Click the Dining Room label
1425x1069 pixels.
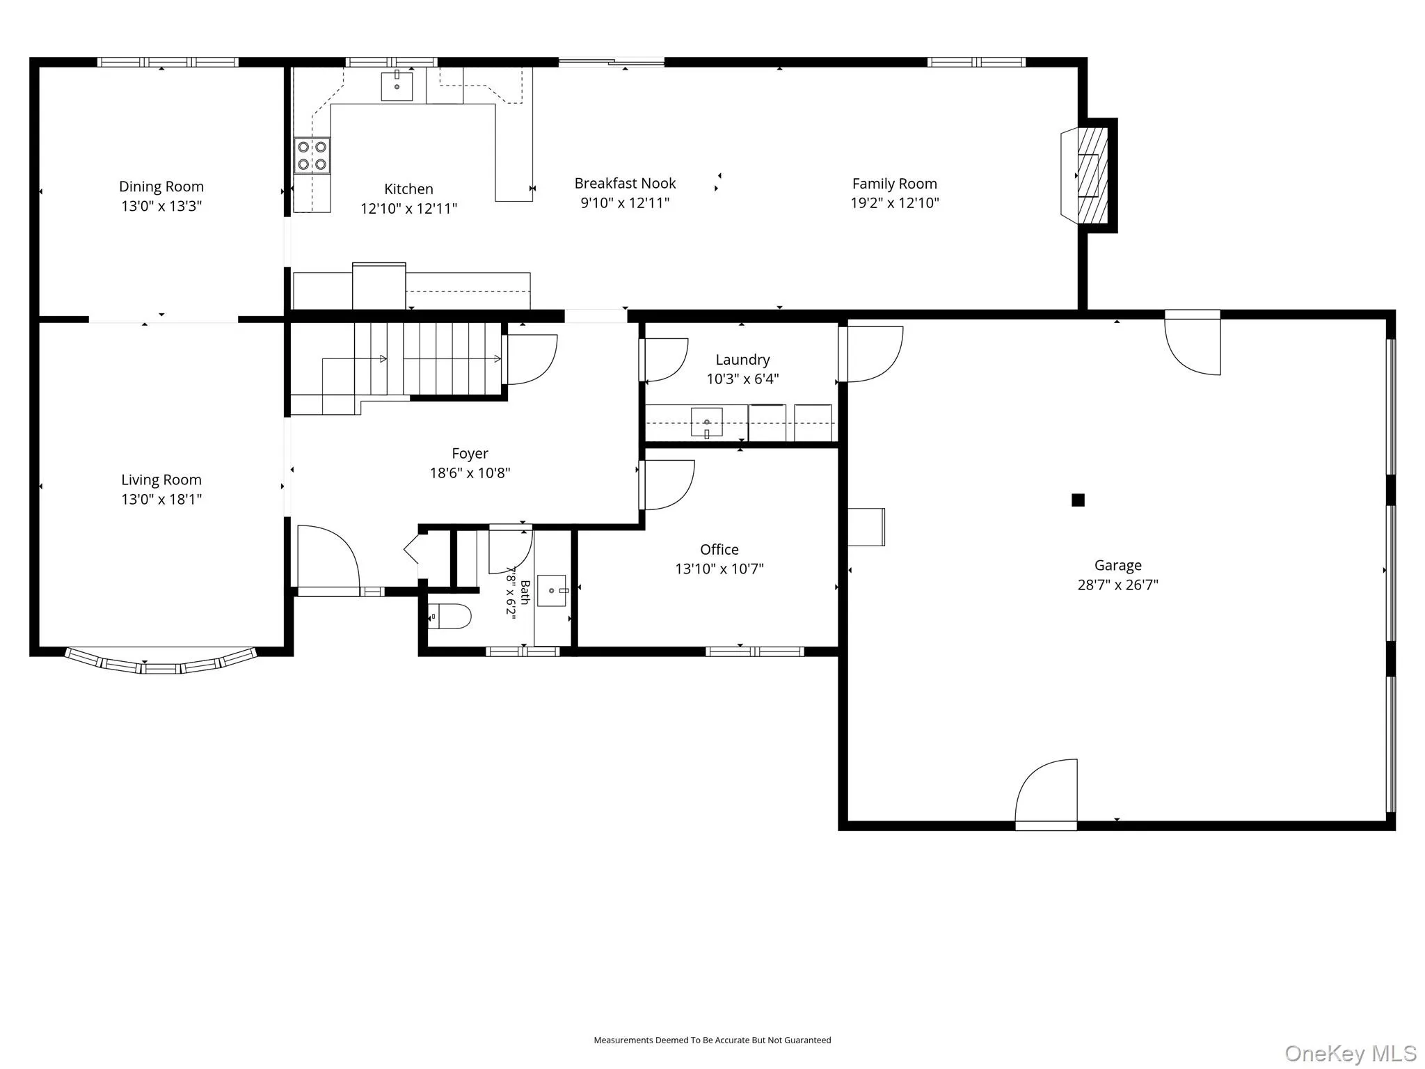(161, 187)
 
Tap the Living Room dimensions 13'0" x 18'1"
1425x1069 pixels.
(161, 499)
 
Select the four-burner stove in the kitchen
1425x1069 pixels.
(312, 155)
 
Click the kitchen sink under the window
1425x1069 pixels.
(397, 86)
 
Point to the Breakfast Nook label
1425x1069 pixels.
(625, 183)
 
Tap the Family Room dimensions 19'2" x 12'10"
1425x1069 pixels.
(895, 203)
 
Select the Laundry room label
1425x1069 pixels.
(742, 360)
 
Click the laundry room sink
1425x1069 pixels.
(706, 422)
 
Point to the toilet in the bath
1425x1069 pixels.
(449, 616)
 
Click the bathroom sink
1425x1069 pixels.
(552, 591)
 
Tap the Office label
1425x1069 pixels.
(719, 549)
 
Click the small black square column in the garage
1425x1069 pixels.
(1078, 500)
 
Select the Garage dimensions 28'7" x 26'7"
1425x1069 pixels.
(1117, 585)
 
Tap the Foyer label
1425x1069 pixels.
(470, 454)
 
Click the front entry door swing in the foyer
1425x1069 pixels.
(328, 557)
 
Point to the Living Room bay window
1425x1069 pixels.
(161, 663)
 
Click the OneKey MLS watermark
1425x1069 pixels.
(1351, 1053)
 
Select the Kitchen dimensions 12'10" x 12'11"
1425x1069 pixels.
(408, 208)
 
